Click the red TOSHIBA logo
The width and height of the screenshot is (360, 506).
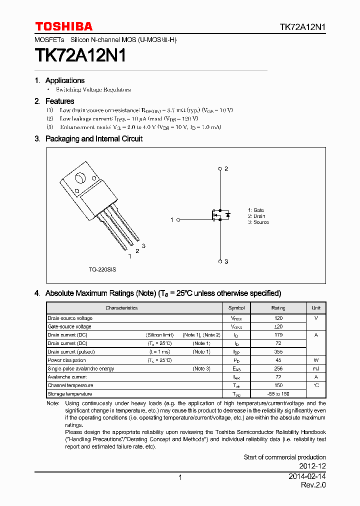click(x=63, y=26)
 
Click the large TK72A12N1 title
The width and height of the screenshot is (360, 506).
click(x=80, y=55)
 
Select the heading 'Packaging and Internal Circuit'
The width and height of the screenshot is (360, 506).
click(x=93, y=139)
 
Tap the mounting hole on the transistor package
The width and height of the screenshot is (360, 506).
click(x=79, y=178)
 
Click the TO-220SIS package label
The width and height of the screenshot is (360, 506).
click(x=102, y=269)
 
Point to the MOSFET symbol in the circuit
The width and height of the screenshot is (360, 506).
click(x=219, y=215)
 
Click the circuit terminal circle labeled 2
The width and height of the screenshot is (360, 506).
click(x=220, y=169)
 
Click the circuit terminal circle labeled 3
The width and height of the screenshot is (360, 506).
click(x=220, y=261)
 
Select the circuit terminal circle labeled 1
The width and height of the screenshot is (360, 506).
click(x=178, y=219)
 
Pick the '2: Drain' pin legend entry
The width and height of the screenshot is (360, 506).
click(x=256, y=216)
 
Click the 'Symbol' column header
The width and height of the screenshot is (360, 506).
click(x=236, y=308)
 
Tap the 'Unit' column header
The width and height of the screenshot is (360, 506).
click(x=316, y=308)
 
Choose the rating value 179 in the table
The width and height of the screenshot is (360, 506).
click(x=278, y=335)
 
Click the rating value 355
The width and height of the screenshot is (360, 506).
click(x=278, y=352)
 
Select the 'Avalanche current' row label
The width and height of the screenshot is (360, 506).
click(x=67, y=377)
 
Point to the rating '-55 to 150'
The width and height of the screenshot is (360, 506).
click(x=278, y=394)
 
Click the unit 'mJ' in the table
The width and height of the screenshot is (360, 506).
click(x=316, y=368)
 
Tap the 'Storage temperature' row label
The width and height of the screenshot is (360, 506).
click(x=70, y=394)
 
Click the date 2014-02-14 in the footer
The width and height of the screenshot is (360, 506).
click(x=307, y=477)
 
